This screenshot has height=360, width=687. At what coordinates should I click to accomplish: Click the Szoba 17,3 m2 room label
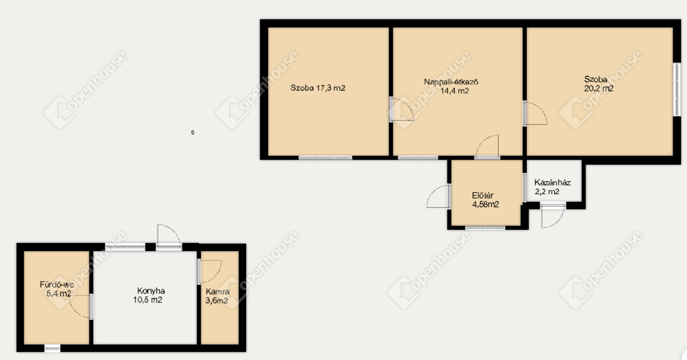(x=318, y=88)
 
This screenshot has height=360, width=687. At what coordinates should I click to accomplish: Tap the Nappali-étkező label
(x=451, y=82)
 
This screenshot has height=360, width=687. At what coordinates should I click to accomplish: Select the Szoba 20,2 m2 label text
(x=598, y=84)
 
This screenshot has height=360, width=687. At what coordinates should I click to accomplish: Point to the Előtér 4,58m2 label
(x=485, y=200)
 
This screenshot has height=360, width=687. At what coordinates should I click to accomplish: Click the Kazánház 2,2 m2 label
(x=552, y=187)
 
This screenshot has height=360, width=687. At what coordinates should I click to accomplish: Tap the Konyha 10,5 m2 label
(x=149, y=295)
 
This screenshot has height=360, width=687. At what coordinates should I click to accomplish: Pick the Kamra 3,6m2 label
(x=217, y=296)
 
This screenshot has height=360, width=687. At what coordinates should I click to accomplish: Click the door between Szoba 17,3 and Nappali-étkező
(x=401, y=109)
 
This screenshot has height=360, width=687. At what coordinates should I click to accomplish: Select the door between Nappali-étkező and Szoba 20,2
(x=535, y=114)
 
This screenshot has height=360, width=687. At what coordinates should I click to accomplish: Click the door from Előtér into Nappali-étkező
(x=487, y=147)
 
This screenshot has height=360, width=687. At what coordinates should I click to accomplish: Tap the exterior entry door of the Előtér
(x=438, y=197)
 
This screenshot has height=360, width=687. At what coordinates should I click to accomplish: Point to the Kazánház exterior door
(x=553, y=216)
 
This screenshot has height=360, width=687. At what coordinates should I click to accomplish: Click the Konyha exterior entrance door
(x=168, y=237)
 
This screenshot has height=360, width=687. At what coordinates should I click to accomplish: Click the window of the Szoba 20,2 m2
(x=677, y=89)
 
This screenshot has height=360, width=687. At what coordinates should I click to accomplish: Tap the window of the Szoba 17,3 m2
(x=325, y=157)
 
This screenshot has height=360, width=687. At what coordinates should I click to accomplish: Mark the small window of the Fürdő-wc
(x=53, y=348)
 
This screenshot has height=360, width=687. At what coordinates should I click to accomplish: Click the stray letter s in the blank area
(x=193, y=132)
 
